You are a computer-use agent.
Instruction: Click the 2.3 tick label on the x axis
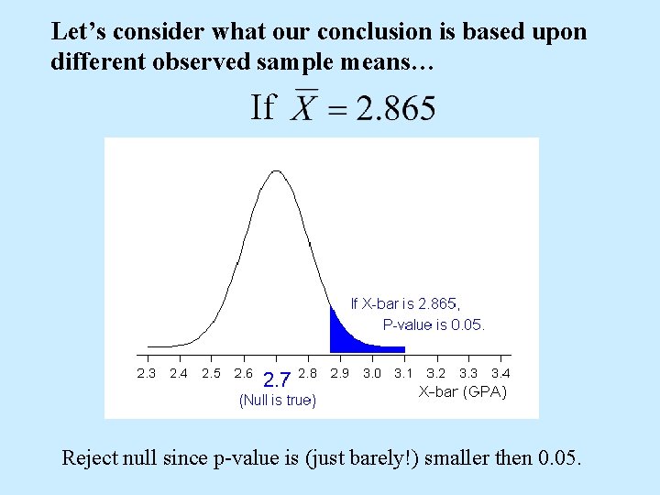[147, 373]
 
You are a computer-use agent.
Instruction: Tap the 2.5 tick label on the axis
[211, 373]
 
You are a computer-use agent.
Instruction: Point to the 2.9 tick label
[340, 373]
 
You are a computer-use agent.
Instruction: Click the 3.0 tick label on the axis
[372, 373]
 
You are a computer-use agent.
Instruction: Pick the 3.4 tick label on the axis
[500, 373]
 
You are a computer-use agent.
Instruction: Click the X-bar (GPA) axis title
[463, 391]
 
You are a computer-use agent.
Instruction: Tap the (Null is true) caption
[277, 401]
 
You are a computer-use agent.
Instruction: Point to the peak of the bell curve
[276, 171]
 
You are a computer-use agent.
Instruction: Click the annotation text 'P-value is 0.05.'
[434, 324]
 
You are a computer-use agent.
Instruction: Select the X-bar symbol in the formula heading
[303, 109]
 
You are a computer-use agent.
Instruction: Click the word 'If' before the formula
[262, 108]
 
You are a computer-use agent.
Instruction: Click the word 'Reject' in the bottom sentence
[90, 456]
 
